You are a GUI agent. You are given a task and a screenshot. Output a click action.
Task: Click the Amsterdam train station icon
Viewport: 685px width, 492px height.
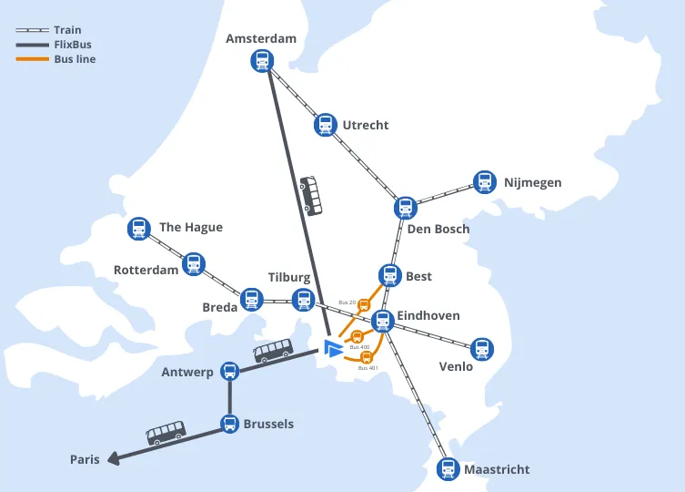click(x=262, y=61)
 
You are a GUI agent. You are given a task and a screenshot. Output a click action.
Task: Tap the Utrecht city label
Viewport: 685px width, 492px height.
click(x=365, y=125)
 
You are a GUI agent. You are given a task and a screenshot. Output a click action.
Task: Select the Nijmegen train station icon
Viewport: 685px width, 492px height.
click(x=484, y=182)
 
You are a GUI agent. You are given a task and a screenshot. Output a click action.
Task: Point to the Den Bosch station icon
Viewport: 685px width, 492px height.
click(x=405, y=208)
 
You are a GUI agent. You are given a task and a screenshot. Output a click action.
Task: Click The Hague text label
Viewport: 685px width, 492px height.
click(x=190, y=227)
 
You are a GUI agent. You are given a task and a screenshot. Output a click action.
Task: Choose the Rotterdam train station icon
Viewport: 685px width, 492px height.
click(x=193, y=264)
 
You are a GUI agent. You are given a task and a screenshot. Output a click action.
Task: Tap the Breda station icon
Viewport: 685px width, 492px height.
click(x=251, y=299)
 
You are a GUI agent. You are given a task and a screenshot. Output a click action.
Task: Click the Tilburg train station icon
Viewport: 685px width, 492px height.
click(x=303, y=299)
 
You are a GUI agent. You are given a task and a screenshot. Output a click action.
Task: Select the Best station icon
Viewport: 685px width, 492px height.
click(x=389, y=274)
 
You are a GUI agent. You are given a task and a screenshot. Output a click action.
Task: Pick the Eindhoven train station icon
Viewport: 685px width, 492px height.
click(x=383, y=321)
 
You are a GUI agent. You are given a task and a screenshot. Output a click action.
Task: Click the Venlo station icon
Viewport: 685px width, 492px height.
click(x=482, y=348)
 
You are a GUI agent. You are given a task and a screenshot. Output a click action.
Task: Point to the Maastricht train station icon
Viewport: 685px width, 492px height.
click(x=447, y=469)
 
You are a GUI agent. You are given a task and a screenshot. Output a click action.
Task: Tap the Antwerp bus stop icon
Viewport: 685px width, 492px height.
click(x=229, y=371)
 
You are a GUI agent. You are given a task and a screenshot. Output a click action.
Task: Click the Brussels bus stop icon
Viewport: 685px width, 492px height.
click(x=229, y=424)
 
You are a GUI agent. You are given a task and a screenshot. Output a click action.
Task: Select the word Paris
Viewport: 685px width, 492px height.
click(x=85, y=459)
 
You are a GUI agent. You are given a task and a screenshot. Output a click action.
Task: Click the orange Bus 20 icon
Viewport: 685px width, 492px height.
click(x=364, y=305)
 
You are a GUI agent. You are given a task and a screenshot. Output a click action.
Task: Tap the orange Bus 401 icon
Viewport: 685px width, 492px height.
click(x=368, y=357)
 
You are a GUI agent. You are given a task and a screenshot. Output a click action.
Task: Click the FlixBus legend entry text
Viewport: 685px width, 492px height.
click(x=72, y=44)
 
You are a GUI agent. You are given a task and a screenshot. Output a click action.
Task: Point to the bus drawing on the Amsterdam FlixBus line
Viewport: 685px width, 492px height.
click(x=311, y=196)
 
